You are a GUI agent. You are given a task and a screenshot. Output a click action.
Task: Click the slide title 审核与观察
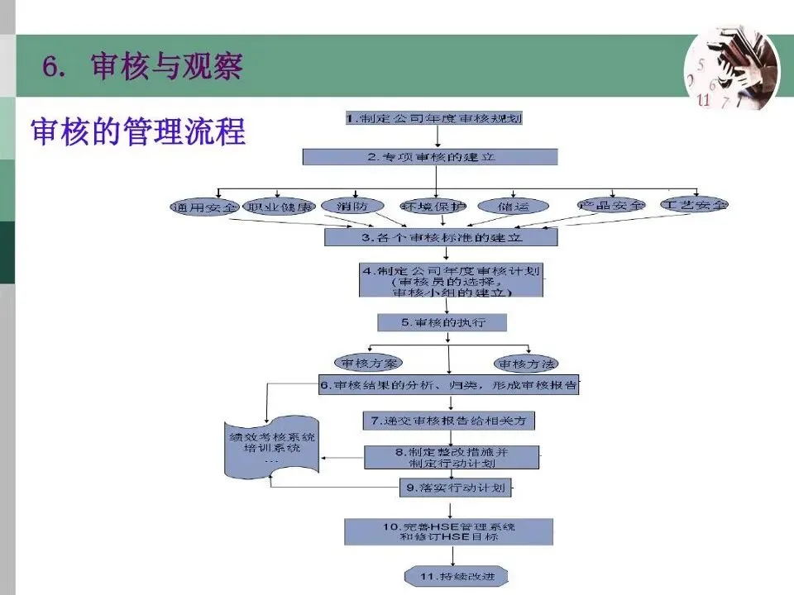point(165,67)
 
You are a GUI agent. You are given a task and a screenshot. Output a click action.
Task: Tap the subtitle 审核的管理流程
point(138,132)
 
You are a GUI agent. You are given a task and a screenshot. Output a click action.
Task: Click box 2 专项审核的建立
point(430,156)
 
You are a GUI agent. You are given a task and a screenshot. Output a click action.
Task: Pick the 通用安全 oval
point(203,206)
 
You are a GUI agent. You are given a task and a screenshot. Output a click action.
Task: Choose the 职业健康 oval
point(281,206)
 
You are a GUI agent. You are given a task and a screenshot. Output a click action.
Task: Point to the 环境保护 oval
point(433,206)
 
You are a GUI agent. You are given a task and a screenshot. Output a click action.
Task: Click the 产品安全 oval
point(611,205)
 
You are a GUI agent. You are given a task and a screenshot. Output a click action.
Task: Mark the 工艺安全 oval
point(694,204)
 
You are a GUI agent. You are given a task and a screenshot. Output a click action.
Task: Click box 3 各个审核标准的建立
point(441,237)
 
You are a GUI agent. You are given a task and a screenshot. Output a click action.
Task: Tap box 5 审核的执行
point(442,322)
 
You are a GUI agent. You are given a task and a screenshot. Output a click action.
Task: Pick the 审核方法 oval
point(526,363)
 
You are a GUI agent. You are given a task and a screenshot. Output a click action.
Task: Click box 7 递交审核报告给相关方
point(448,421)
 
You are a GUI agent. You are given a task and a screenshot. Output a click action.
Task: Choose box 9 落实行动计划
point(454,488)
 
